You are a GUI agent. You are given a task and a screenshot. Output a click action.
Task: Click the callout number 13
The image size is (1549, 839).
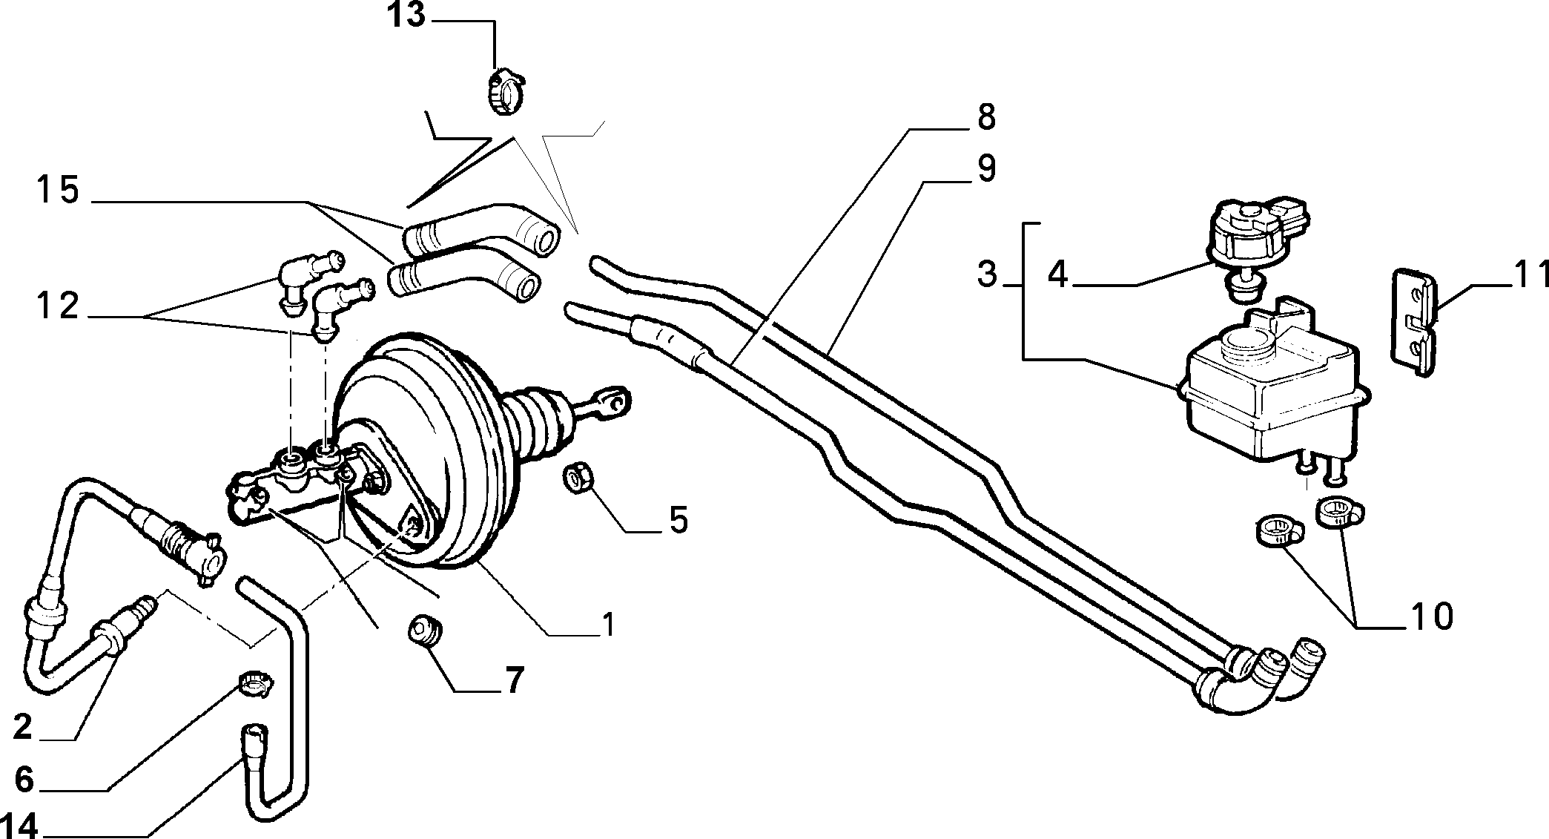coord(408,15)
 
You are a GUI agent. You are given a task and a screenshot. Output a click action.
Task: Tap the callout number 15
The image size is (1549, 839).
coord(58,191)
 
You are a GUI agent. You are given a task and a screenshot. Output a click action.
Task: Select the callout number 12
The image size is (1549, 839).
coord(58,306)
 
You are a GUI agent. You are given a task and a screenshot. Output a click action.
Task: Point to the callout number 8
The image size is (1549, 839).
coord(985,117)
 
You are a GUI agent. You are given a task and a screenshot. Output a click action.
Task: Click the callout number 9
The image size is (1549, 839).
coord(985,168)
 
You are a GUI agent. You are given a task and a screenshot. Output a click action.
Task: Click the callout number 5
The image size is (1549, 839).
coord(678,520)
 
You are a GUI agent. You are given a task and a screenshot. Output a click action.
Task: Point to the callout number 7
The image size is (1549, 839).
coord(514,680)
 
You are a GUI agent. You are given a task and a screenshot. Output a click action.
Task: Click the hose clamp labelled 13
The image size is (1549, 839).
coord(504,93)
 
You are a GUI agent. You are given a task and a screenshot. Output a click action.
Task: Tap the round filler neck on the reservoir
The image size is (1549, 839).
coord(1245,342)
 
